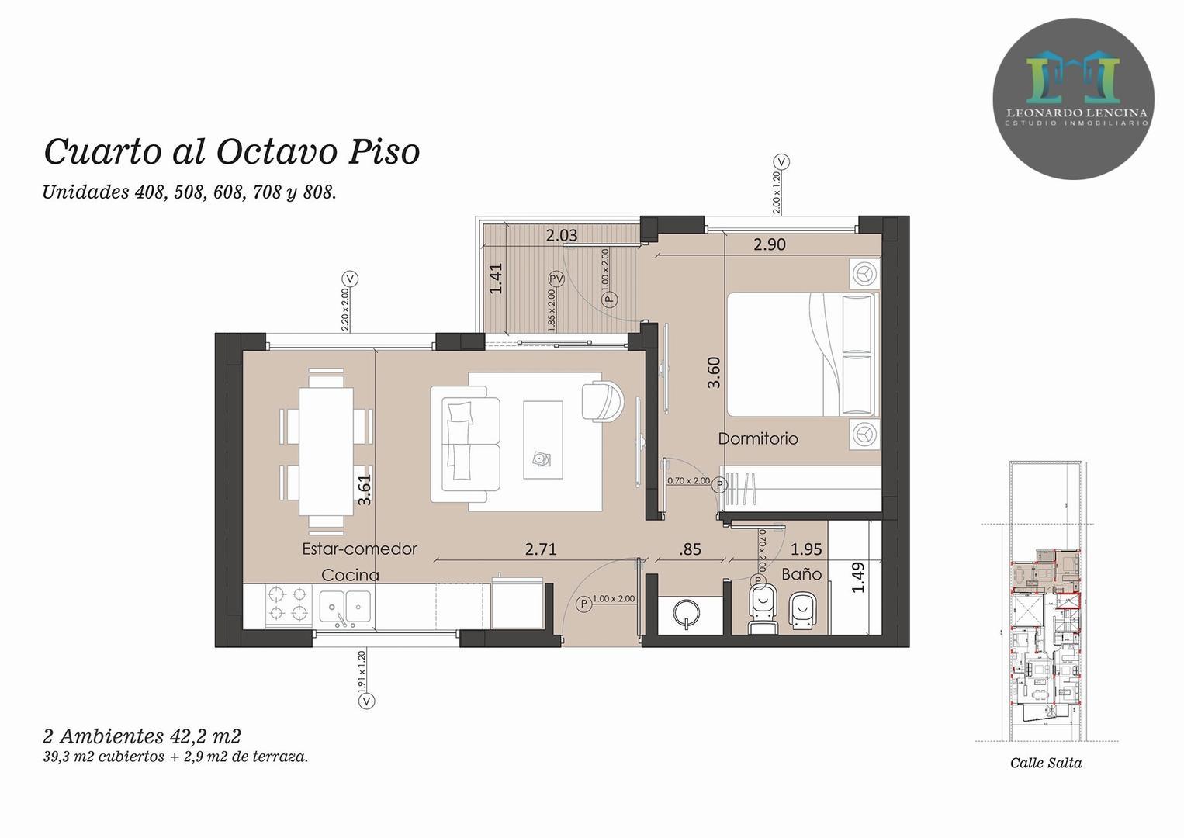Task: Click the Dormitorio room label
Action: [x=757, y=438]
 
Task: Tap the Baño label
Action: [x=801, y=574]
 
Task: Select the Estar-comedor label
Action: [x=359, y=549]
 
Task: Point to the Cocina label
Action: [x=350, y=575]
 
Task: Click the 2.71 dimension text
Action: [x=541, y=549]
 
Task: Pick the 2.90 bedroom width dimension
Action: [x=770, y=244]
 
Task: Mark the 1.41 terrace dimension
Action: [x=496, y=279]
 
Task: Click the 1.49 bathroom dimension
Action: [x=857, y=577]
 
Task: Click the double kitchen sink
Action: [x=345, y=605]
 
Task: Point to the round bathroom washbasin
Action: [x=686, y=611]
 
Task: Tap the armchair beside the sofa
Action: [x=603, y=400]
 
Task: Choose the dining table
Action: [x=325, y=451]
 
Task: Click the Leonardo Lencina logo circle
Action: [x=1073, y=99]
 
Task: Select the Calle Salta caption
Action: [x=1045, y=763]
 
